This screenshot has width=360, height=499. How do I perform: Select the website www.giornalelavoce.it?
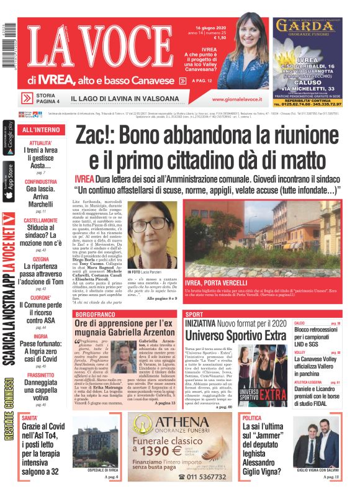tap(236, 99)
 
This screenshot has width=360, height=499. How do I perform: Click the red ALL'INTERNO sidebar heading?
tap(41, 130)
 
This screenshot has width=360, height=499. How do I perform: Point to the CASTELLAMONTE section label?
tap(41, 220)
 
